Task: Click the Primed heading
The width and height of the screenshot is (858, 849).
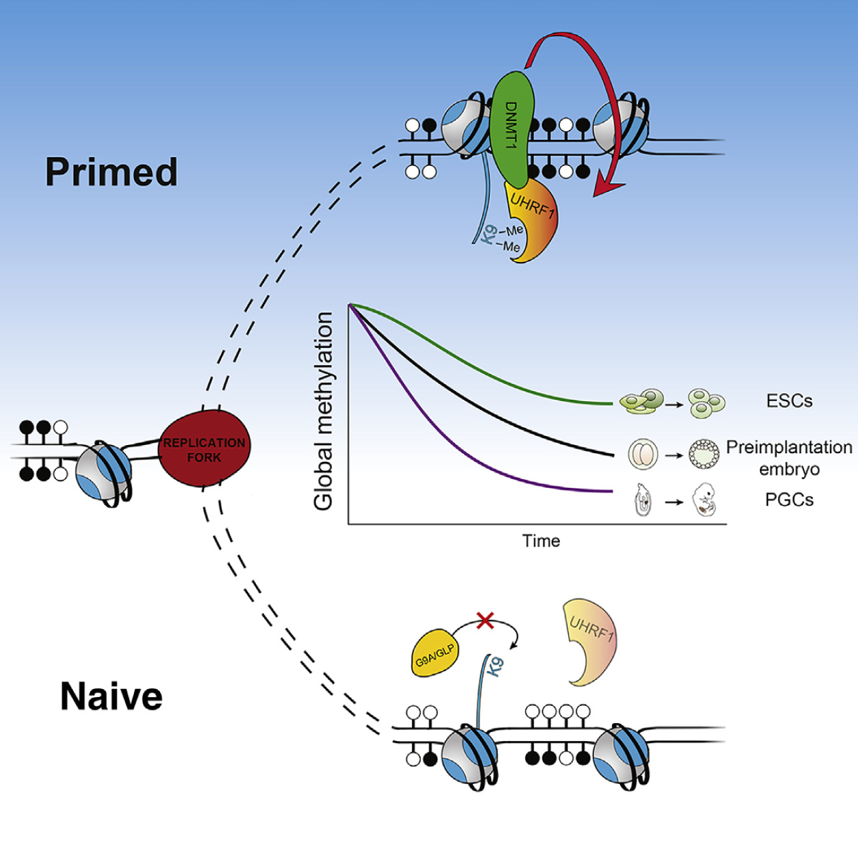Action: [x=111, y=173]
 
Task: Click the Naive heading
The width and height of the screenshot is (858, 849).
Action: [x=111, y=697]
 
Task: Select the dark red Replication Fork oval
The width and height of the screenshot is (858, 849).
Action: [x=204, y=449]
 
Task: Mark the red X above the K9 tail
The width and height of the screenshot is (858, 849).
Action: [x=485, y=621]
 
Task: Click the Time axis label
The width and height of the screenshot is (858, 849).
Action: [x=541, y=541]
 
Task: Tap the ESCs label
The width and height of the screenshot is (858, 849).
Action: [x=789, y=401]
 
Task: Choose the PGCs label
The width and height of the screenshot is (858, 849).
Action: [x=789, y=500]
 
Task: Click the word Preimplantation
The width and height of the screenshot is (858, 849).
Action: [x=789, y=447]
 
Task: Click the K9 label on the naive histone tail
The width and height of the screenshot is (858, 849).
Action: [x=495, y=667]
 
